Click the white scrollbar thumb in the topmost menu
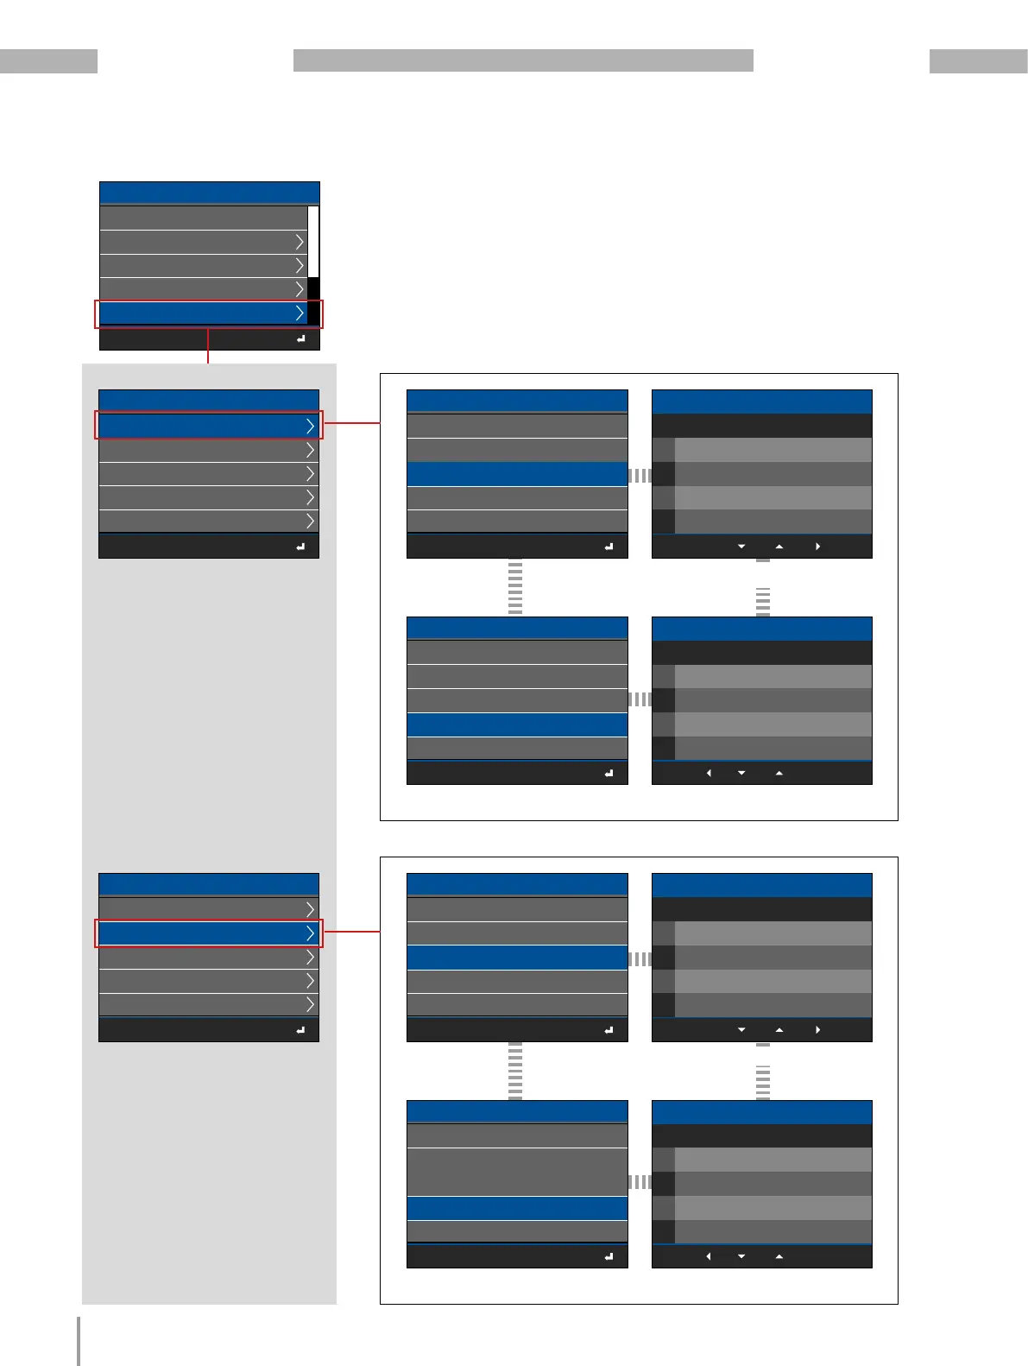(313, 242)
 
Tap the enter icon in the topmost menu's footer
(300, 339)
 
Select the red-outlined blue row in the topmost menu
(204, 313)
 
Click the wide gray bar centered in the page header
(523, 60)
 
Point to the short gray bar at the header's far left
(48, 61)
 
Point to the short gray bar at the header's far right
(978, 61)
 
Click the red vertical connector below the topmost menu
(208, 345)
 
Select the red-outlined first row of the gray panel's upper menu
(204, 426)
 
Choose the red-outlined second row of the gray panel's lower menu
(204, 933)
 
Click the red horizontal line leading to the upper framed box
(351, 423)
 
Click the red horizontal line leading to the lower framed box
(351, 932)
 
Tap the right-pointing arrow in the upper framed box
(817, 547)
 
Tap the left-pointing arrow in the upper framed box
(709, 773)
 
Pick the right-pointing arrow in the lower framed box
(817, 1030)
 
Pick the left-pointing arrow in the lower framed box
(709, 1256)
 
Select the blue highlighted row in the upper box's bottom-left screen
(516, 724)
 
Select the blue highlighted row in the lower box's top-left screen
(516, 958)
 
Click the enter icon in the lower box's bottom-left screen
(609, 1256)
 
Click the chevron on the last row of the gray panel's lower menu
(310, 1004)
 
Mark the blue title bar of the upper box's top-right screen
(761, 402)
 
